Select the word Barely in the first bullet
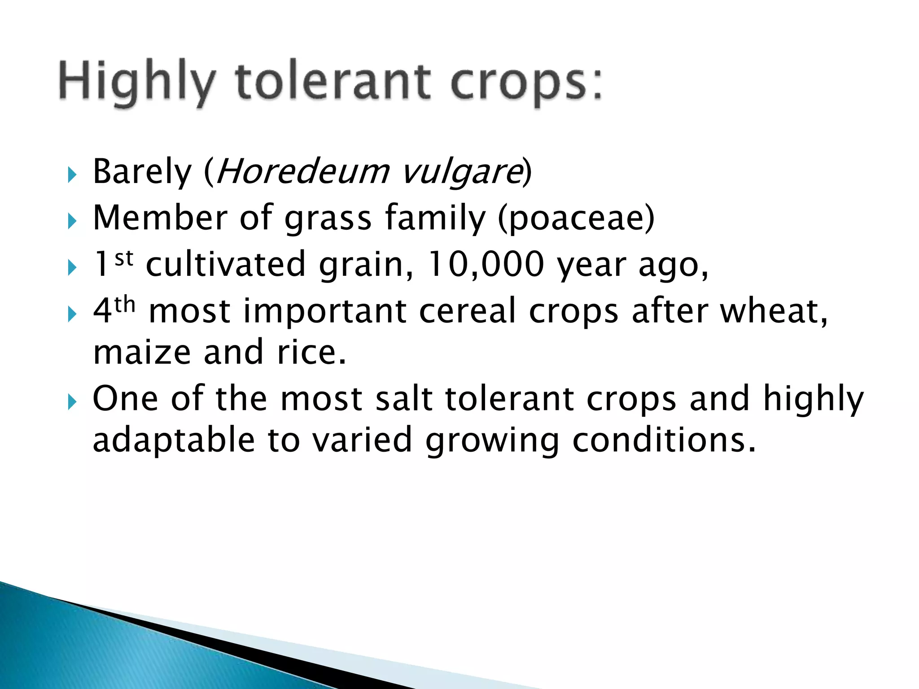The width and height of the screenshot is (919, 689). tap(142, 172)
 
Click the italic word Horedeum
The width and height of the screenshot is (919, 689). tap(303, 172)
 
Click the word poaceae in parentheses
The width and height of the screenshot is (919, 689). tap(577, 218)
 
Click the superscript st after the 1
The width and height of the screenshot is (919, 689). tap(124, 258)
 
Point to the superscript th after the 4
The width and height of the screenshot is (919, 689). tap(125, 305)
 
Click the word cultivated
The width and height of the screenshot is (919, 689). tap(226, 265)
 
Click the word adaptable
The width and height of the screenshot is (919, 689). tap(174, 440)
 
